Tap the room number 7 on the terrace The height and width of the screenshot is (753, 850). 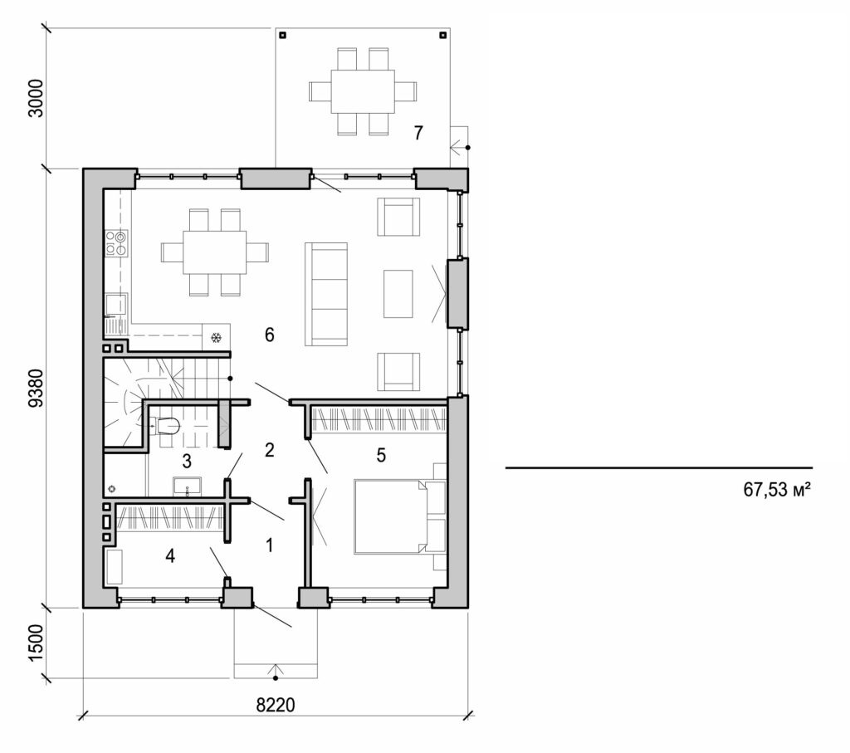pyautogui.click(x=418, y=132)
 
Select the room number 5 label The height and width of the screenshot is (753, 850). pyautogui.click(x=381, y=455)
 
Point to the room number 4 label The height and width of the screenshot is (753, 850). pyautogui.click(x=170, y=555)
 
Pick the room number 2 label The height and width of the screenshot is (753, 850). pyautogui.click(x=269, y=450)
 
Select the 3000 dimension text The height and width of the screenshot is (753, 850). pyautogui.click(x=35, y=99)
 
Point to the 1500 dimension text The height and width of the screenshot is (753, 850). pyautogui.click(x=35, y=643)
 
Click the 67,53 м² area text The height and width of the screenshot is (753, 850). pyautogui.click(x=776, y=490)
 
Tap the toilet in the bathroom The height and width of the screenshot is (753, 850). pyautogui.click(x=166, y=426)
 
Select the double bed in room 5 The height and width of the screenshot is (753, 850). pyautogui.click(x=390, y=515)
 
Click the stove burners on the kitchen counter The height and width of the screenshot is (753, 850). pyautogui.click(x=115, y=242)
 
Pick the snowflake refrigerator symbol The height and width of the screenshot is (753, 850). pyautogui.click(x=216, y=338)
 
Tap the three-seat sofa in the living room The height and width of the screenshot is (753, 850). pyautogui.click(x=326, y=294)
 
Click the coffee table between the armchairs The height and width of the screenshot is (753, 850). pyautogui.click(x=398, y=293)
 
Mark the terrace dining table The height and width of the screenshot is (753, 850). pyautogui.click(x=362, y=91)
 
